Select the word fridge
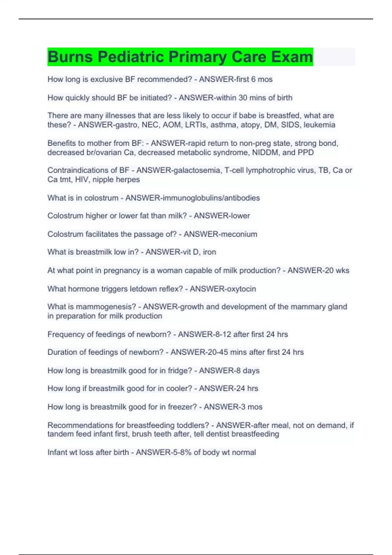[x=179, y=371]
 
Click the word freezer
[x=182, y=407]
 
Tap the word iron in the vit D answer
[x=209, y=252]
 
